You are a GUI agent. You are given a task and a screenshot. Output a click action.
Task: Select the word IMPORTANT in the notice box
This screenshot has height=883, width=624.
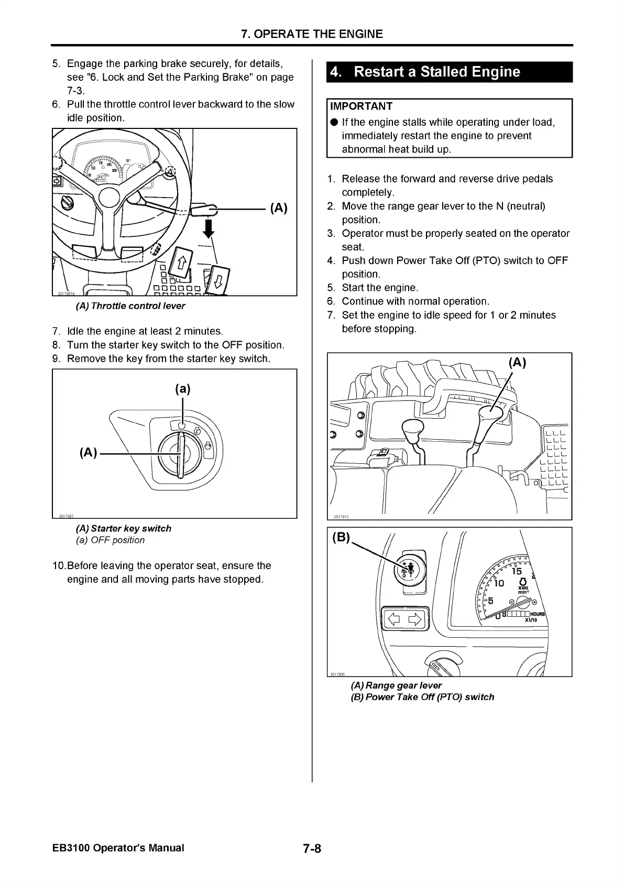[362, 106]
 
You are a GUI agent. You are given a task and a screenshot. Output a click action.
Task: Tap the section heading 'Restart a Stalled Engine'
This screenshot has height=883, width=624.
[437, 72]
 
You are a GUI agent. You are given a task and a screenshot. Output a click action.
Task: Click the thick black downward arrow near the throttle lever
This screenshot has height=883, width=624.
[209, 228]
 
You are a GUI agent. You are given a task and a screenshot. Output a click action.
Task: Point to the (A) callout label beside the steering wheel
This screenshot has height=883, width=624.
[278, 208]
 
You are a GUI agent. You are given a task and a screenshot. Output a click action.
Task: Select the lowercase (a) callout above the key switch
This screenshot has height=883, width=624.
[182, 389]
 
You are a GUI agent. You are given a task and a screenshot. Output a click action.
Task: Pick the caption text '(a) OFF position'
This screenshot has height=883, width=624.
[110, 540]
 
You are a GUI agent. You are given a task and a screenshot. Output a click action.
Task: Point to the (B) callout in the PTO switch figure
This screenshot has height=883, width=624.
[341, 538]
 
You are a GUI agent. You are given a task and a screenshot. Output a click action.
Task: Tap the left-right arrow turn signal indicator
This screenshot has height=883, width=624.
[403, 619]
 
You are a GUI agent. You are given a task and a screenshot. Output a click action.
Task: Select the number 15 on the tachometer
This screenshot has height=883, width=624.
[517, 571]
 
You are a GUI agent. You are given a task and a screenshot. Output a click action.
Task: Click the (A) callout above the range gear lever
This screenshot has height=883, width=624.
[517, 363]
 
